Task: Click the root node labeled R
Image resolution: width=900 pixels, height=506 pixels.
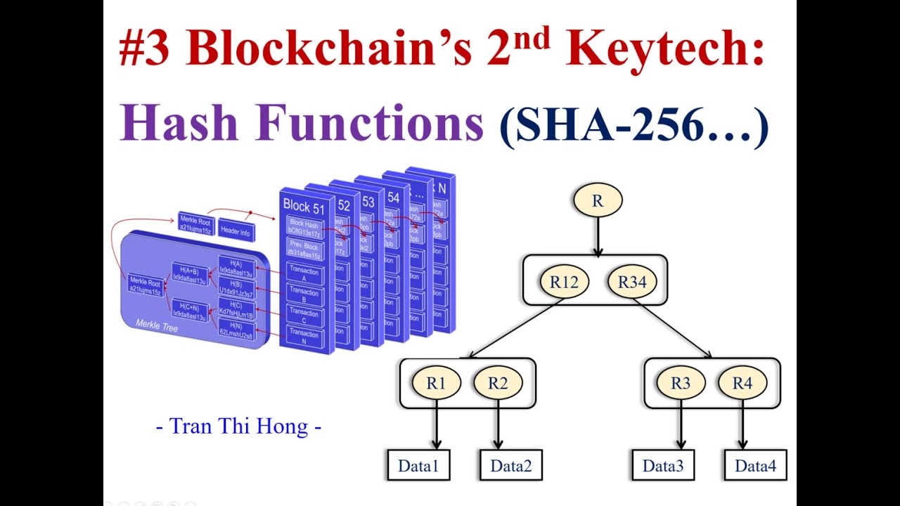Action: coord(598,200)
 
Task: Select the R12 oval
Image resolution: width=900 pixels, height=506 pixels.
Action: coord(564,282)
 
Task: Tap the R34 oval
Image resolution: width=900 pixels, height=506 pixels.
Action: coord(631,282)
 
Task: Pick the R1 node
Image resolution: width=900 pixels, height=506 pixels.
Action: coord(436,383)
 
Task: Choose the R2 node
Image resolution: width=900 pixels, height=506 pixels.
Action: coord(498,383)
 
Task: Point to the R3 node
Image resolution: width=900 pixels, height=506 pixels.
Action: coord(681,383)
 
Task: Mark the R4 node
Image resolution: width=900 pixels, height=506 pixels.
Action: coord(742,383)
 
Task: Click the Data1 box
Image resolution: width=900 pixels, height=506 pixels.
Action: coord(418,465)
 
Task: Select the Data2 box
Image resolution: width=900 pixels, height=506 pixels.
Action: coord(511,465)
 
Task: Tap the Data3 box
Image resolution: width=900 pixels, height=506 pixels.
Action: coord(663,465)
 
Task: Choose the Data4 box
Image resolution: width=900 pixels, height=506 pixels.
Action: coord(756,465)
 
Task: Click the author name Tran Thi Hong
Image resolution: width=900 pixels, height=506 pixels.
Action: coord(238,426)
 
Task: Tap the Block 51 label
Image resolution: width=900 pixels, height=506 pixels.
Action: coord(304,205)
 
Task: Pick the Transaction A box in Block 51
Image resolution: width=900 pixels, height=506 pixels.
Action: coord(304,275)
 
